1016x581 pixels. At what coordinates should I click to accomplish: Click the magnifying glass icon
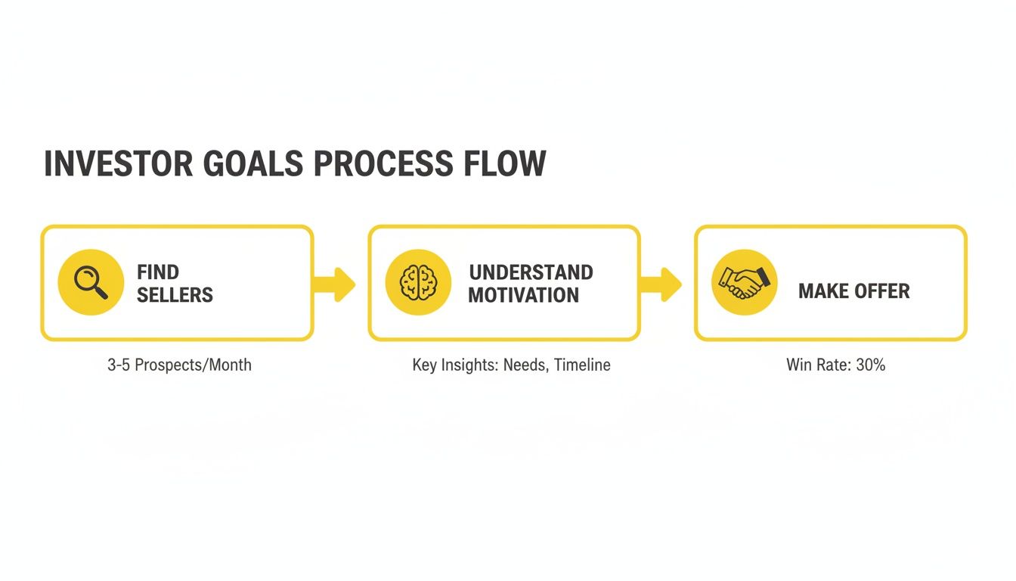click(x=91, y=282)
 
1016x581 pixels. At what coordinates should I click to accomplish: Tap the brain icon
click(x=418, y=282)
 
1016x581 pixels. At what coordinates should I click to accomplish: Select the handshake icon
click(x=745, y=282)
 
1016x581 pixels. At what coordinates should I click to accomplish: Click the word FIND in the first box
click(x=158, y=272)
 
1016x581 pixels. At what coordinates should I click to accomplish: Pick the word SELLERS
click(x=175, y=294)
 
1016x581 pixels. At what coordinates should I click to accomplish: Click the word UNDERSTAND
click(x=531, y=272)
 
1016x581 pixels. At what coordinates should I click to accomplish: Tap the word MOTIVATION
click(x=523, y=294)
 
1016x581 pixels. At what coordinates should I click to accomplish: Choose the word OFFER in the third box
click(x=881, y=291)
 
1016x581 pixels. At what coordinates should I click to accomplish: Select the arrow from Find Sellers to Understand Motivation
click(x=334, y=284)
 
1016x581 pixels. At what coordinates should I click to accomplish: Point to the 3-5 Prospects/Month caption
click(x=179, y=365)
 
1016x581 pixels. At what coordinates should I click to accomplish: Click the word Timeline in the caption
click(x=581, y=365)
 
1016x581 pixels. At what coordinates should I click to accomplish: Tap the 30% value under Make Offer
click(x=870, y=365)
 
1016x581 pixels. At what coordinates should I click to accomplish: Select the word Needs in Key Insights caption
click(x=525, y=365)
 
